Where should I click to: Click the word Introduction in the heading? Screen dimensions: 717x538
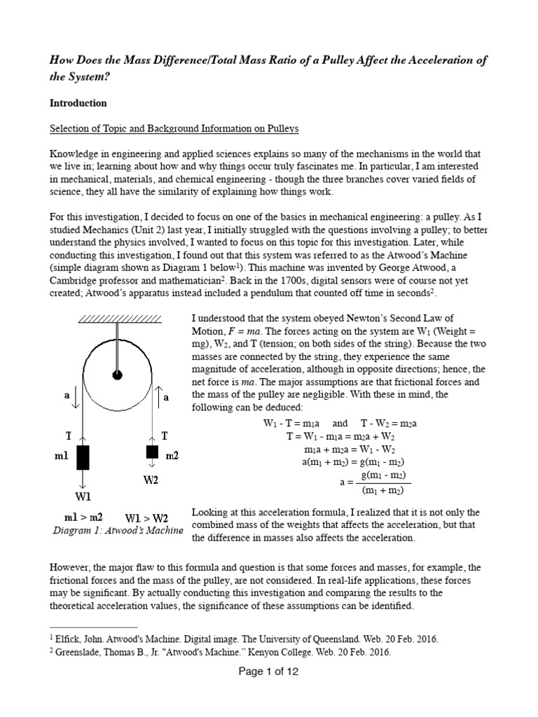tap(78, 103)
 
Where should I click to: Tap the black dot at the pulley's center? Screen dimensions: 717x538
tap(117, 375)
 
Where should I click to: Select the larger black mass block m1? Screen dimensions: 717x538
tap(83, 457)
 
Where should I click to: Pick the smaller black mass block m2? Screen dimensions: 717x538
tap(151, 451)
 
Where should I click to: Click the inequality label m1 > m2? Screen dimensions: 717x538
tap(83, 517)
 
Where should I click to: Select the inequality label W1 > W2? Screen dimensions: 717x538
tap(146, 518)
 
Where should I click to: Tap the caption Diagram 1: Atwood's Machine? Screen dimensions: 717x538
tap(118, 531)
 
